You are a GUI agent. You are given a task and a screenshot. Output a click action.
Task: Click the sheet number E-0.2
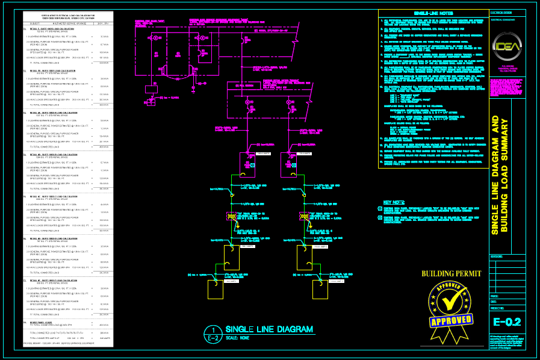[x=506, y=322]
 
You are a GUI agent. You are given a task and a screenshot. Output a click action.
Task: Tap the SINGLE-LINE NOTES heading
[x=429, y=13]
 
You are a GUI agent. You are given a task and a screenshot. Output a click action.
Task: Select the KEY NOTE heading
[x=394, y=202]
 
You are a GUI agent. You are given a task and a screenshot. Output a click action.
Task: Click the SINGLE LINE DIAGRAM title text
[x=269, y=329]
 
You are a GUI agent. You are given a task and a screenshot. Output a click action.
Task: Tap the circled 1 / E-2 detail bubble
[x=213, y=333]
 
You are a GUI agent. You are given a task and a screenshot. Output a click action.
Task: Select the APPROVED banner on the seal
[x=450, y=320]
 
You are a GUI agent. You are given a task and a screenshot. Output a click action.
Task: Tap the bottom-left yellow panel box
[x=216, y=290]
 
